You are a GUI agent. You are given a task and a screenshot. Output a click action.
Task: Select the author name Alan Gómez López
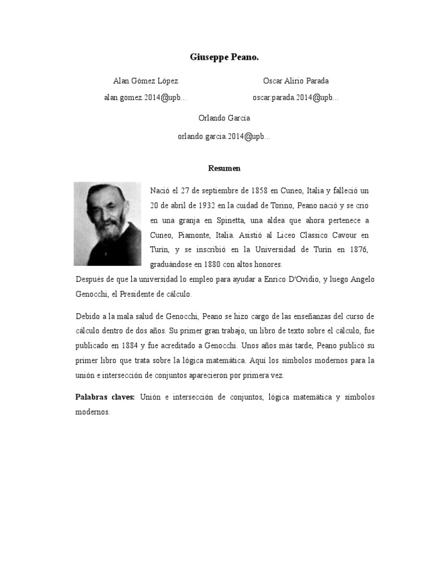coord(146,81)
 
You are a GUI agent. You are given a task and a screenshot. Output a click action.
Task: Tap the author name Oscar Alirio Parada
coord(296,81)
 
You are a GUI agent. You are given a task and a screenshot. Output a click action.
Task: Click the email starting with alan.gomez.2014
coord(146,98)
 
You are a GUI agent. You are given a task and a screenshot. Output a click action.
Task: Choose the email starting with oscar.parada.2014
coord(296,98)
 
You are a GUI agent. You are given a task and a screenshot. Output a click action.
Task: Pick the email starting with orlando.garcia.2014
coord(224,136)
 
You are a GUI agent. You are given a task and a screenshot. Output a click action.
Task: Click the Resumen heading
coord(224,167)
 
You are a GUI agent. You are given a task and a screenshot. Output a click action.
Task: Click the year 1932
coord(205,206)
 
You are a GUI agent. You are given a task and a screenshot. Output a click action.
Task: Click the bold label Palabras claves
coord(105,397)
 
